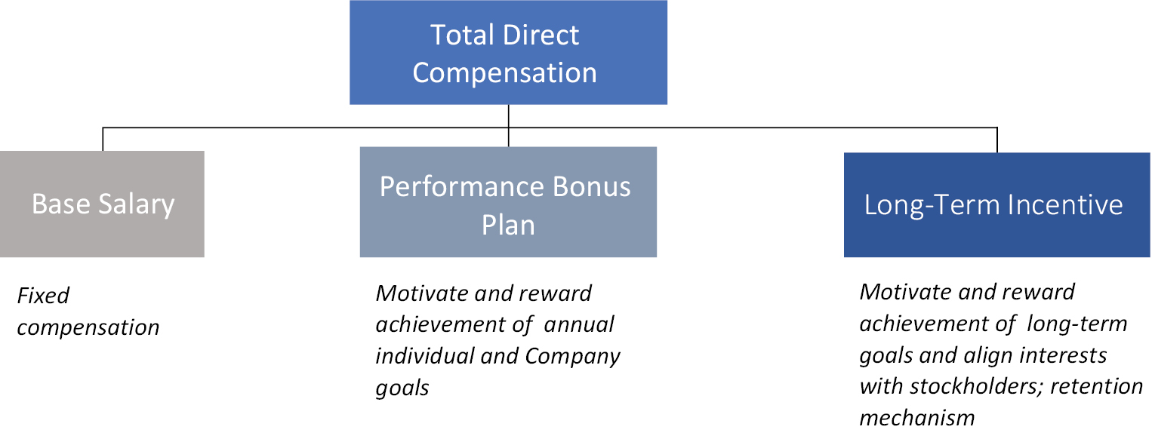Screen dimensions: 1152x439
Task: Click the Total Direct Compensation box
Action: tap(508, 53)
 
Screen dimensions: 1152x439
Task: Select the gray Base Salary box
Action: tap(102, 204)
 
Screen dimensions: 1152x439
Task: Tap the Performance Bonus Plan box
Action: tap(508, 202)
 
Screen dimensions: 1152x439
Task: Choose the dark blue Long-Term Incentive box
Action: tap(996, 204)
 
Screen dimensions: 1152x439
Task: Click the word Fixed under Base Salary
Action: tap(43, 296)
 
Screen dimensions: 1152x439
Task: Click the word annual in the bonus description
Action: tap(578, 324)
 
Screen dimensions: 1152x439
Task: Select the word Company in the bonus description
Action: tap(572, 357)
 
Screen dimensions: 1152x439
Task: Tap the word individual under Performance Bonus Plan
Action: tap(424, 356)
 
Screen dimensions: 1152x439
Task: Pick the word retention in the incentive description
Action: tap(1096, 386)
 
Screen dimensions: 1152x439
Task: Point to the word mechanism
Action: tap(917, 418)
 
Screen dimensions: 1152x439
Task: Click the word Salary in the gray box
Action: tap(137, 204)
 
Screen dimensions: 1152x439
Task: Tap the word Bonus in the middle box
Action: tap(591, 186)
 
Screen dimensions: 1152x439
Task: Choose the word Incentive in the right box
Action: tap(1065, 204)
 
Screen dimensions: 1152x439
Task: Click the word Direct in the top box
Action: tap(541, 35)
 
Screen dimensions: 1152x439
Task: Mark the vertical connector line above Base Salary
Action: tap(103, 140)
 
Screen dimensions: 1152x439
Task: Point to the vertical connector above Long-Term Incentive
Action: tap(997, 140)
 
